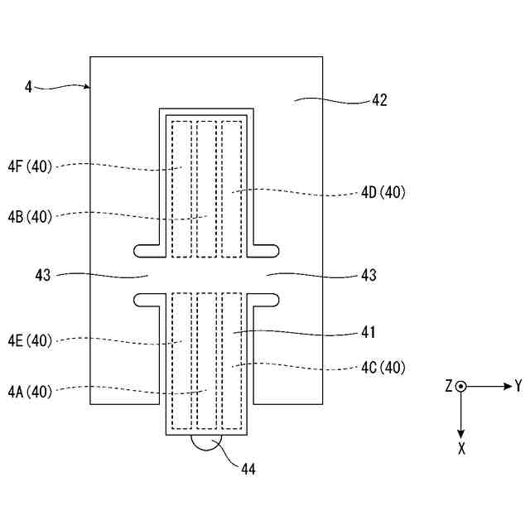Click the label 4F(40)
[31, 166]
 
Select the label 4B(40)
[31, 217]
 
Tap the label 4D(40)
[382, 193]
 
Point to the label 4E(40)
[31, 340]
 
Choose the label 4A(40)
[31, 392]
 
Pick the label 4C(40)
[382, 367]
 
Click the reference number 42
[379, 100]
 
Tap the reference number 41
[369, 333]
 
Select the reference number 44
[248, 469]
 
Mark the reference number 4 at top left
[28, 85]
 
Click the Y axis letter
[518, 386]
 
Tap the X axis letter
[462, 450]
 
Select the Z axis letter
[448, 386]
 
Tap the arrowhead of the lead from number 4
[87, 86]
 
